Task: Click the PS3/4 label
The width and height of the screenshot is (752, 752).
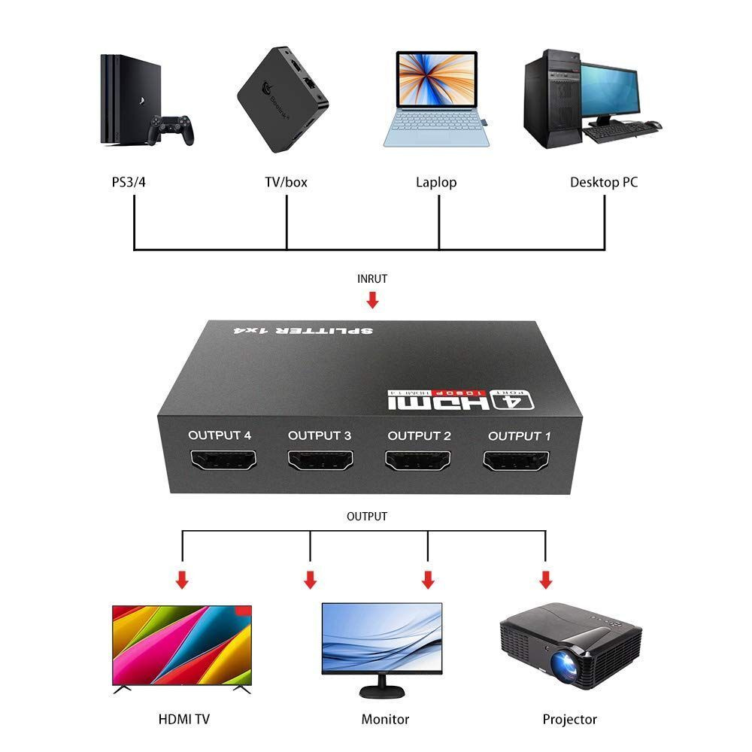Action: [x=129, y=182]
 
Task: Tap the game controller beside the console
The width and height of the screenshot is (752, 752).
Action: [x=171, y=129]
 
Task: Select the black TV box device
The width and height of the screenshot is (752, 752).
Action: [x=283, y=100]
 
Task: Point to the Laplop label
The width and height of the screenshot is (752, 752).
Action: [x=436, y=183]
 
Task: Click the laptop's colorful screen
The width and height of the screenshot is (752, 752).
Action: [x=436, y=79]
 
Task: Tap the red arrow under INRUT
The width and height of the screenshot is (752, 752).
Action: [x=373, y=300]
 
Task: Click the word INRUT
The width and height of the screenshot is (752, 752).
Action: [x=372, y=279]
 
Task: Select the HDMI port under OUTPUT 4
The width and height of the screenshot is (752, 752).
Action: [x=223, y=459]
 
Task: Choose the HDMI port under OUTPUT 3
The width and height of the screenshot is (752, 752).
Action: [x=320, y=460]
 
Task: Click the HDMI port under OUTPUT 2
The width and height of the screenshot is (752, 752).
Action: [x=417, y=460]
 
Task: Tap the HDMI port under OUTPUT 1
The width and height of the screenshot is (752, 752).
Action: [x=516, y=461]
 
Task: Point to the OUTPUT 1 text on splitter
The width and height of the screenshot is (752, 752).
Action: [x=520, y=436]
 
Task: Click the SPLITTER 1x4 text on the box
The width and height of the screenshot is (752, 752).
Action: [x=303, y=330]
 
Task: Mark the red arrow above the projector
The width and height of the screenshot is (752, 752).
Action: [x=546, y=579]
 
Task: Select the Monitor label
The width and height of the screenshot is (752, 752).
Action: [x=385, y=720]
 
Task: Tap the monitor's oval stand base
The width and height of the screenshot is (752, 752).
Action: [x=382, y=692]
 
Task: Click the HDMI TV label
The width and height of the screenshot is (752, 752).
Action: [x=184, y=720]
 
